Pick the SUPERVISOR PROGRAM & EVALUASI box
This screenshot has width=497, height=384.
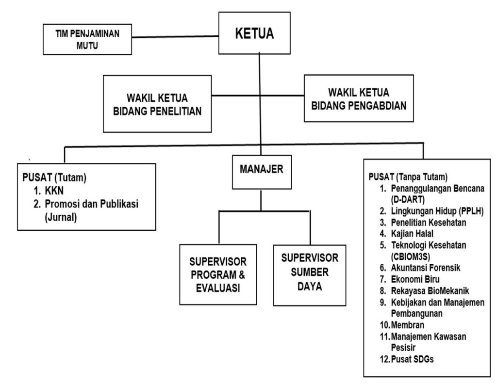coord(218,273)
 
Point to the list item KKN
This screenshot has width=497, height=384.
coord(50,192)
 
